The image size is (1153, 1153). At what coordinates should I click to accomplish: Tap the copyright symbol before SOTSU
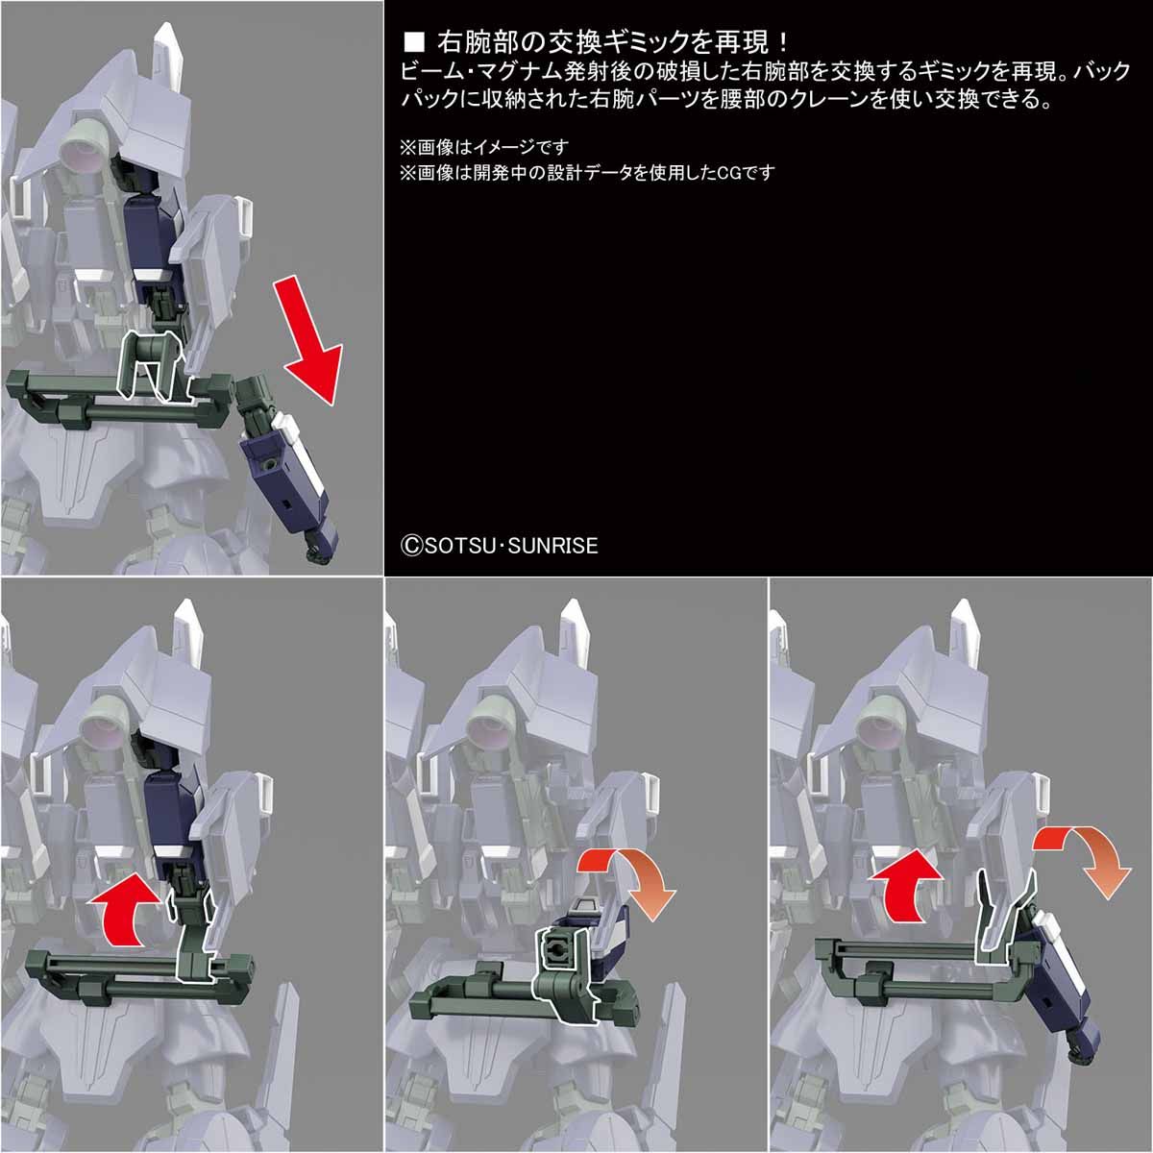(411, 546)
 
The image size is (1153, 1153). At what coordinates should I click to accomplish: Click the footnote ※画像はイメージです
(484, 147)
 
